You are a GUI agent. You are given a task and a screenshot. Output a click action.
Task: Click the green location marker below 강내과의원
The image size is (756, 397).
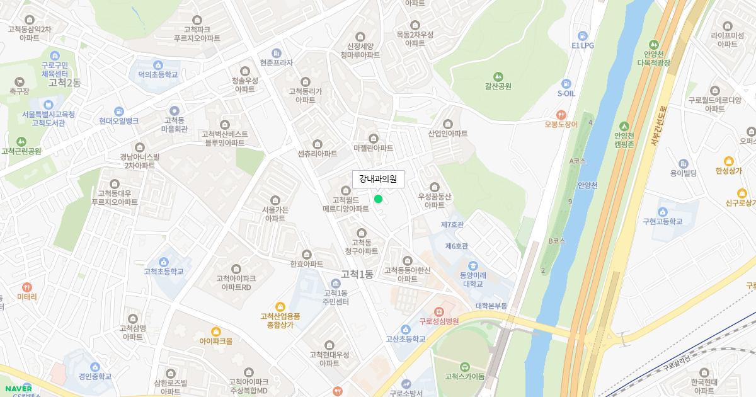pyautogui.click(x=378, y=199)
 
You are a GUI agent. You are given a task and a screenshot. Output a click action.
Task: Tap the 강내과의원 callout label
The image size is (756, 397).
pyautogui.click(x=378, y=179)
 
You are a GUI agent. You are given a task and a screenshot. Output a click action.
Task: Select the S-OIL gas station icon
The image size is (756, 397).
pyautogui.click(x=566, y=83)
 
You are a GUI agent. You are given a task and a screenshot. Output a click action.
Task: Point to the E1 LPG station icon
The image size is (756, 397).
pyautogui.click(x=582, y=35)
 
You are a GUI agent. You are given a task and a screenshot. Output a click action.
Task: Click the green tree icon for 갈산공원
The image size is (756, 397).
pyautogui.click(x=498, y=76)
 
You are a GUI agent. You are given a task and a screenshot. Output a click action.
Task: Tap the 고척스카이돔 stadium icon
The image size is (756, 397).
pyautogui.click(x=464, y=367)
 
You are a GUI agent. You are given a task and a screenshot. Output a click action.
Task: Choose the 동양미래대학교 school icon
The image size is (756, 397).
pyautogui.click(x=472, y=265)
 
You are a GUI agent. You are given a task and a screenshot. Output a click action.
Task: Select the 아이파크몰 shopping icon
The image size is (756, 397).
pyautogui.click(x=216, y=331)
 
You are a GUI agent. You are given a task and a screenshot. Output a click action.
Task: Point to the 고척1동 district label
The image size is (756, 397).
pyautogui.click(x=357, y=274)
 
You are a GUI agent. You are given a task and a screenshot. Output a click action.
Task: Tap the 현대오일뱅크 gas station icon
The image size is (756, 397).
pyautogui.click(x=118, y=111)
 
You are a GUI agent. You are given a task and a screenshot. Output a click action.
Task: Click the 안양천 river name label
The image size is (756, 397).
pyautogui.click(x=587, y=185)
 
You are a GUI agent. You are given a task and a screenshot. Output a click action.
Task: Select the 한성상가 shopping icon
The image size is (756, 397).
pyautogui.click(x=728, y=161)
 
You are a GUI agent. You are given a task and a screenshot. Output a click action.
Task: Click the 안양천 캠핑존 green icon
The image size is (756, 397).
pyautogui.click(x=624, y=125)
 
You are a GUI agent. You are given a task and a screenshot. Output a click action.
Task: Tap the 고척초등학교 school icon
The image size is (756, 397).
pyautogui.click(x=164, y=262)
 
